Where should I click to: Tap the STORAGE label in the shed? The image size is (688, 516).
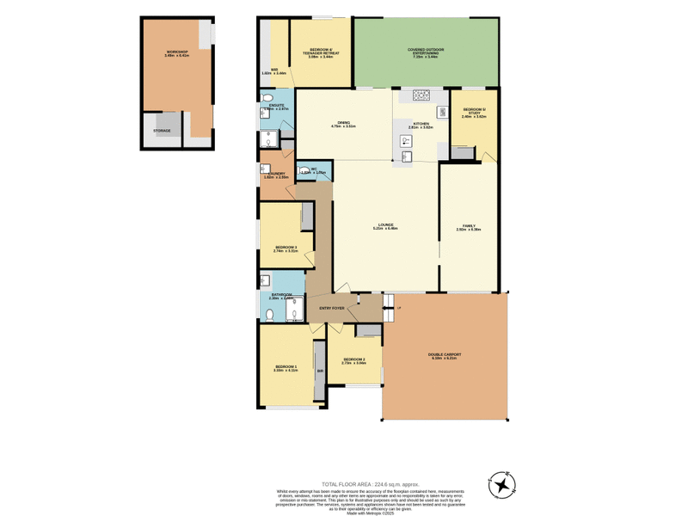coord(162,131)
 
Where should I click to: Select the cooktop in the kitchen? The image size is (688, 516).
coord(421,95)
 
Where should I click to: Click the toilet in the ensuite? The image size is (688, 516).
coord(267,98)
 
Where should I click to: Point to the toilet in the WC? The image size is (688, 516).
coord(304,171)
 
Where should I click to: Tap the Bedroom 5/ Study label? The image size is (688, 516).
coord(474,110)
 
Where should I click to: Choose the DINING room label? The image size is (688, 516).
coord(343,123)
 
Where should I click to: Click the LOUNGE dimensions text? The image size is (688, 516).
coord(385,229)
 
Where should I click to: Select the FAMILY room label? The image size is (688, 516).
coord(468,225)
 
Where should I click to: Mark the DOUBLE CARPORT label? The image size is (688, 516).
coord(445,354)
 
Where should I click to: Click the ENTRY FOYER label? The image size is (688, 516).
coord(332,308)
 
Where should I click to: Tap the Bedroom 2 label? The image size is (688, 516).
coord(353,359)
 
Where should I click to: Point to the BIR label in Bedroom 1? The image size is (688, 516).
coord(320,371)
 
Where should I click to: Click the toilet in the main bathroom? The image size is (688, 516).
coord(269,315)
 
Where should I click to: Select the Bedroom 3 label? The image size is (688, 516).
coord(286,247)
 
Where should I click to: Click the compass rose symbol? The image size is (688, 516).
coord(501,486)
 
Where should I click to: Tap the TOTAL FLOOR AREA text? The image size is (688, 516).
coord(370,484)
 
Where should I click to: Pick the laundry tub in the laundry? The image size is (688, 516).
coord(266,169)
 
